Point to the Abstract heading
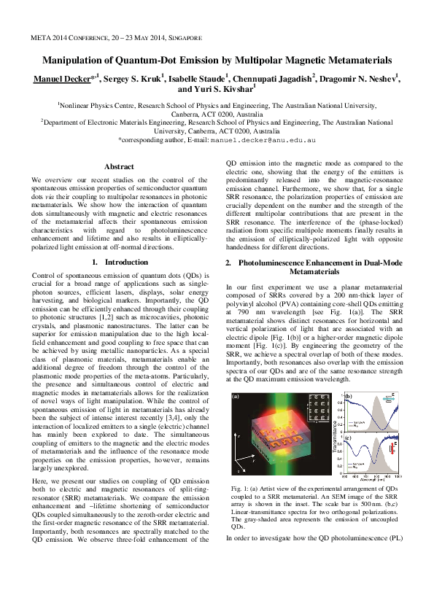(120, 167)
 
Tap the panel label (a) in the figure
(236, 397)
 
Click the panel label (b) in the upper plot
(348, 397)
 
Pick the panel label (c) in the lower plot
(348, 437)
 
